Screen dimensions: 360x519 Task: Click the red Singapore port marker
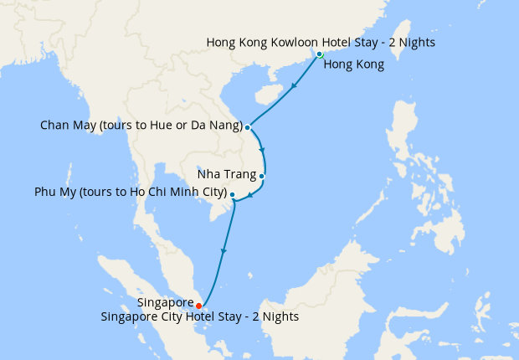click(198, 306)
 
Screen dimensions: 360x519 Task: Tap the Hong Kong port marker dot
click(319, 55)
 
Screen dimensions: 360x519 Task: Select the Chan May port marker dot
click(248, 127)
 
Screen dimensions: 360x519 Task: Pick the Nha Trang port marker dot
click(262, 176)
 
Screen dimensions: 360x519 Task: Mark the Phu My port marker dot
click(232, 194)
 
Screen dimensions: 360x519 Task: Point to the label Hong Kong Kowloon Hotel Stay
click(321, 42)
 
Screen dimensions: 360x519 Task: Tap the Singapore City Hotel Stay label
click(199, 317)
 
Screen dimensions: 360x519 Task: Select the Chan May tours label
click(141, 126)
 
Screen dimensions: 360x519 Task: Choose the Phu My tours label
click(131, 193)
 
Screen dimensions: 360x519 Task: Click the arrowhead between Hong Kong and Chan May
click(294, 87)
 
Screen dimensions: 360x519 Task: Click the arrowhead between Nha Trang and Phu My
click(250, 196)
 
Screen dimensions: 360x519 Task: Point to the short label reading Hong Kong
click(353, 64)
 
